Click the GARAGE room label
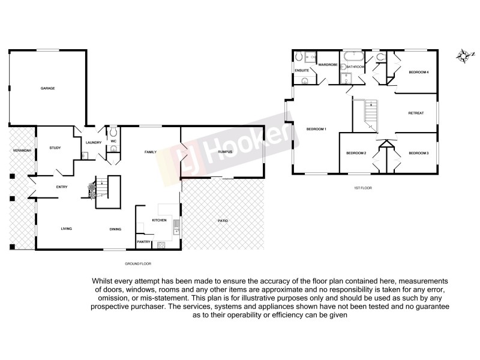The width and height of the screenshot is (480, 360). pyautogui.click(x=48, y=88)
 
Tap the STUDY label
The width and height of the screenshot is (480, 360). pyautogui.click(x=55, y=148)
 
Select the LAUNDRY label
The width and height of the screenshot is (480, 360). pyautogui.click(x=93, y=142)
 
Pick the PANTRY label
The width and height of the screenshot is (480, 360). pyautogui.click(x=144, y=242)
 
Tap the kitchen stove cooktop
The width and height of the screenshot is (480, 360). pyautogui.click(x=161, y=244)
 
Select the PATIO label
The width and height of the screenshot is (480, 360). pyautogui.click(x=222, y=221)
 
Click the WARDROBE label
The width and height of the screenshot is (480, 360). pyautogui.click(x=328, y=64)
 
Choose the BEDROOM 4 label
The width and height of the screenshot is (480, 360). pyautogui.click(x=418, y=73)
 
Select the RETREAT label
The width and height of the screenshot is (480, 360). pyautogui.click(x=416, y=113)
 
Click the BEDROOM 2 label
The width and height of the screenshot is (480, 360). pyautogui.click(x=356, y=153)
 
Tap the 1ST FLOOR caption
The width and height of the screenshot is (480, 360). pyautogui.click(x=364, y=188)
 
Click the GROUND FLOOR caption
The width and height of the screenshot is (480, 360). pyautogui.click(x=137, y=263)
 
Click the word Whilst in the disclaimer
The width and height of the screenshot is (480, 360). pyautogui.click(x=102, y=281)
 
